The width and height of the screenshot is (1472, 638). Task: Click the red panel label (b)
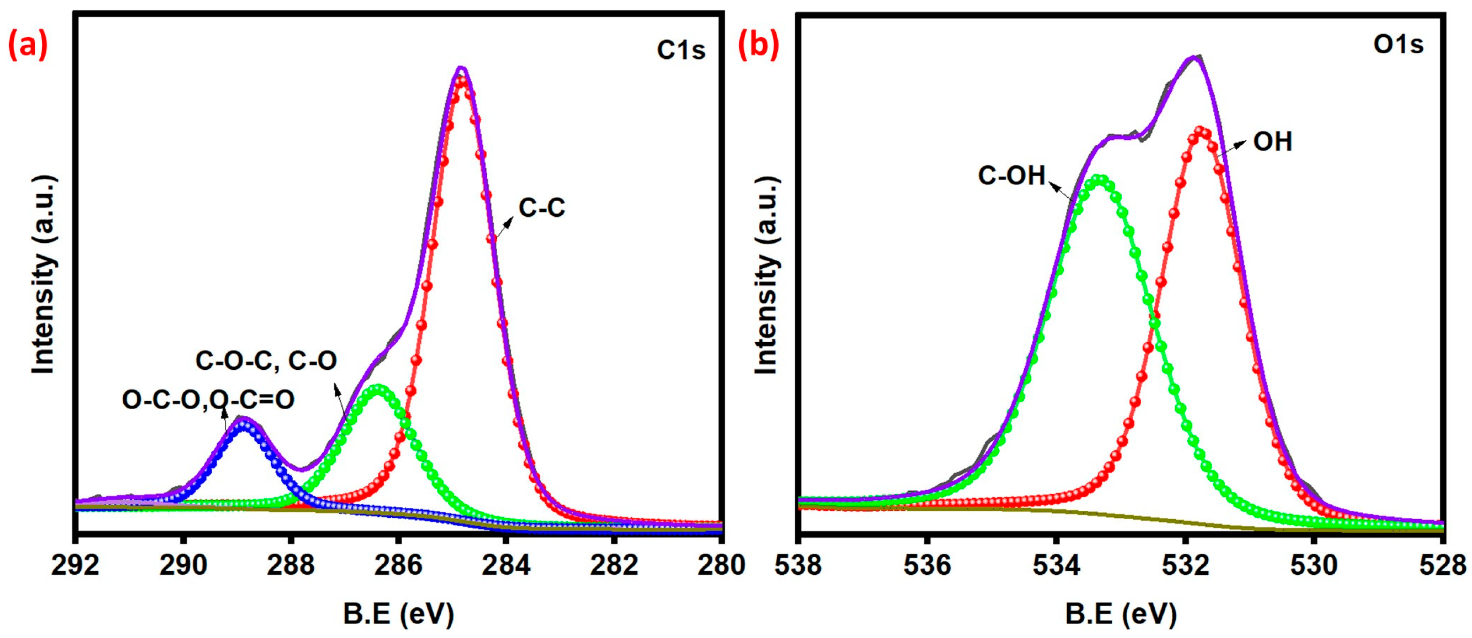point(759,46)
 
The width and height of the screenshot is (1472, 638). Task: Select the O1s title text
point(1398,44)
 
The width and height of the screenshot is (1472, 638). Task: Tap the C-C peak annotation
point(541,208)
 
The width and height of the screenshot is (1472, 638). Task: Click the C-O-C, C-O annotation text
point(266,360)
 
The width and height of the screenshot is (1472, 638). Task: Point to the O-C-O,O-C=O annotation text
point(208,400)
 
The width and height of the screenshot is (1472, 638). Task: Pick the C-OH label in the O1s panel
point(1011,175)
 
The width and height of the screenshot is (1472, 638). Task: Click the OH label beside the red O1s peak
point(1272,141)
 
